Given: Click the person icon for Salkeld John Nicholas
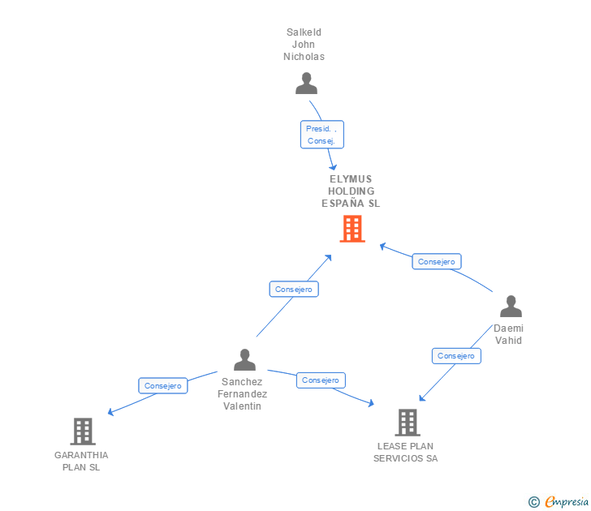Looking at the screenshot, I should (306, 84).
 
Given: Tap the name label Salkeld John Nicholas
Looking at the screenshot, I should (304, 45).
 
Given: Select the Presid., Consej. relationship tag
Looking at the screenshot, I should (322, 135).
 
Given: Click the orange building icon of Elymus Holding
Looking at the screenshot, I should (352, 229).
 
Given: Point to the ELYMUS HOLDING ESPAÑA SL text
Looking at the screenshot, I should (351, 191).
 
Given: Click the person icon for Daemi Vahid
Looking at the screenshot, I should (511, 307).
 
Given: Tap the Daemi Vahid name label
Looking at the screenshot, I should (508, 334).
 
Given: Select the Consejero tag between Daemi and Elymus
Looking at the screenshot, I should (437, 261).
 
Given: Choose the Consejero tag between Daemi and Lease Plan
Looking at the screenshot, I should (456, 355).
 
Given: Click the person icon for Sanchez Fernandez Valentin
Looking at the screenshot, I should (244, 359).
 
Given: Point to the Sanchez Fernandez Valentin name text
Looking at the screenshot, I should (242, 393).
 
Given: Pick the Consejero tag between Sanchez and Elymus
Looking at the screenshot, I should (293, 289).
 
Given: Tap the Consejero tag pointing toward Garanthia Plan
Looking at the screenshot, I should (163, 386).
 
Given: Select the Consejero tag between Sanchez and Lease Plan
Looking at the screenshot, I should (321, 380).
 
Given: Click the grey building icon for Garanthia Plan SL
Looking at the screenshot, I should (82, 431).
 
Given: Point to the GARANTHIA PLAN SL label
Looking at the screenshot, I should (81, 461).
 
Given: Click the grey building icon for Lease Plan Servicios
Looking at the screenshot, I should (407, 422).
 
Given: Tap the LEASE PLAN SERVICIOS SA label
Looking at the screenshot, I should (405, 452).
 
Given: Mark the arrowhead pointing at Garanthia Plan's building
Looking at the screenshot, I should (110, 412).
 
